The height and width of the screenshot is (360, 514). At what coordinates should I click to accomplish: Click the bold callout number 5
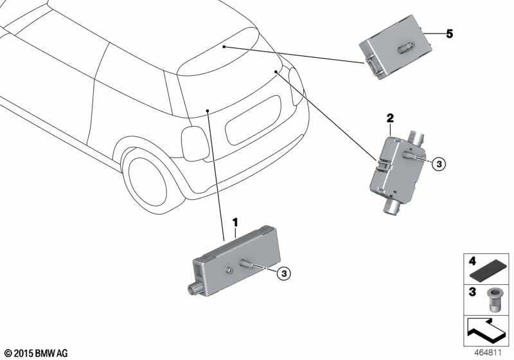coord(449,33)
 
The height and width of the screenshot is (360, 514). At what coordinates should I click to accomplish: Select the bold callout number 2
coord(390,118)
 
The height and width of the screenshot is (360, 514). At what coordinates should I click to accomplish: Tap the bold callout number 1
coord(235,222)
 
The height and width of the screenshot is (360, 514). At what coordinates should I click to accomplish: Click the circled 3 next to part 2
coord(439,163)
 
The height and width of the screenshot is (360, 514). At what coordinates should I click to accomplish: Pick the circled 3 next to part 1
coord(284,273)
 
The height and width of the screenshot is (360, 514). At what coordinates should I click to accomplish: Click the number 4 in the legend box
coord(472,262)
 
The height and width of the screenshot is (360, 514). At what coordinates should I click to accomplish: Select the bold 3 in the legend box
coord(472,291)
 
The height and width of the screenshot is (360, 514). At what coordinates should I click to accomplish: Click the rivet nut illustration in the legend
coord(493,300)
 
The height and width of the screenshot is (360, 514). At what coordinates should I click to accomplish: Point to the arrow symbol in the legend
coord(486,330)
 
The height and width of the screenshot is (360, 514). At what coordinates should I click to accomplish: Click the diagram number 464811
coord(488,353)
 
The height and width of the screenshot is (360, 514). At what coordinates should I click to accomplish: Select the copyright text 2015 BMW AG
coord(37,354)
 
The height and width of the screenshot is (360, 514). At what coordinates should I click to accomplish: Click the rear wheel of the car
coord(148,181)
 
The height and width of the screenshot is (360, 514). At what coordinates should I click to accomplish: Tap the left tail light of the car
coord(195,144)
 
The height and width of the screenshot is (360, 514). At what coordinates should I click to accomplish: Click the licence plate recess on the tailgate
coord(253,120)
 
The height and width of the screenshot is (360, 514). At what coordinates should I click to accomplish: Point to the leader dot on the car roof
coord(224,47)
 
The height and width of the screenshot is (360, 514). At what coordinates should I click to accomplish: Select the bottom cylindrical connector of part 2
coord(392,207)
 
